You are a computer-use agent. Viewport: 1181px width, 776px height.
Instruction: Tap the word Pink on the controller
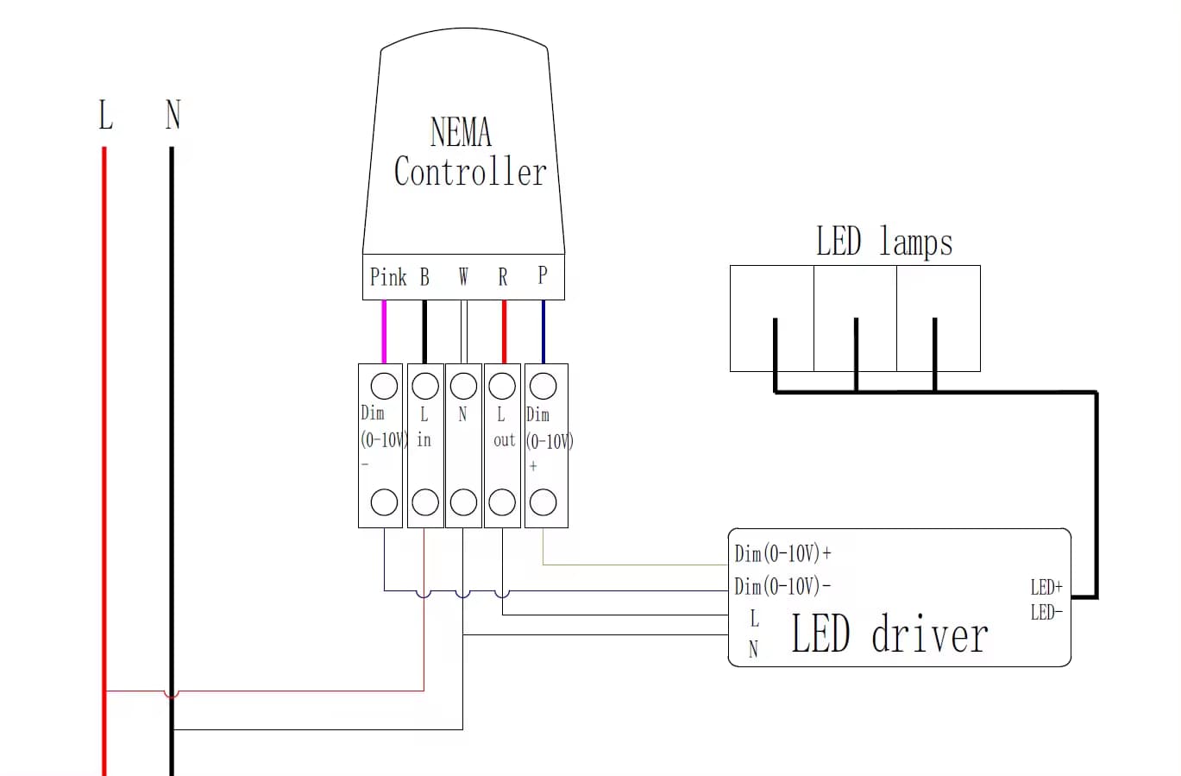[388, 277]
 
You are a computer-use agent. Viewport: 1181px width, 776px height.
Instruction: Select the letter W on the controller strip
[463, 277]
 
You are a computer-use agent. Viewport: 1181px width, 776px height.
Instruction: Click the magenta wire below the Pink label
[384, 332]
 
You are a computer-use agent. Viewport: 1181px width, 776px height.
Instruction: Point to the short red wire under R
[504, 332]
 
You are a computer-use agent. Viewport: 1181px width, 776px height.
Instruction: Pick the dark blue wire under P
[543, 332]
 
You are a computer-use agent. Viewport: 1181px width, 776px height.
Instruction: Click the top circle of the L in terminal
[424, 386]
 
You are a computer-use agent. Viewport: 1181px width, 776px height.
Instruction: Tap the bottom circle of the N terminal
[463, 502]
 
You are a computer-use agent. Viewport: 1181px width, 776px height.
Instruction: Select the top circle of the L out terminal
[502, 386]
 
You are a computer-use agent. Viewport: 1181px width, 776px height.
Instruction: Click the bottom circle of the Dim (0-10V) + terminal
[543, 502]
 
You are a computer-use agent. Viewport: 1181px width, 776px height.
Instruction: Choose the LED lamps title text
[884, 242]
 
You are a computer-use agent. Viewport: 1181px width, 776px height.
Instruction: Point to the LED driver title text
[889, 634]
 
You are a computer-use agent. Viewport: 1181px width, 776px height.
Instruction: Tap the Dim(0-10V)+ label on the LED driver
[782, 553]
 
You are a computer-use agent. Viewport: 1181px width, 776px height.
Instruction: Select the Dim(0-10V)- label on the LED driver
[782, 587]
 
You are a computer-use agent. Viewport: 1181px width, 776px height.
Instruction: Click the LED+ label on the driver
[1046, 588]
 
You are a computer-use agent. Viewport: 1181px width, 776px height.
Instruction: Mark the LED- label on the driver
[1046, 613]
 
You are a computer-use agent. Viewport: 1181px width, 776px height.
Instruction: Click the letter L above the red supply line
[105, 115]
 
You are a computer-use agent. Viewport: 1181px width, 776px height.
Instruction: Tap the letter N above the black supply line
[173, 115]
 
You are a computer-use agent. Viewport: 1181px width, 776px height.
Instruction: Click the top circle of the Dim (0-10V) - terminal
[384, 386]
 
